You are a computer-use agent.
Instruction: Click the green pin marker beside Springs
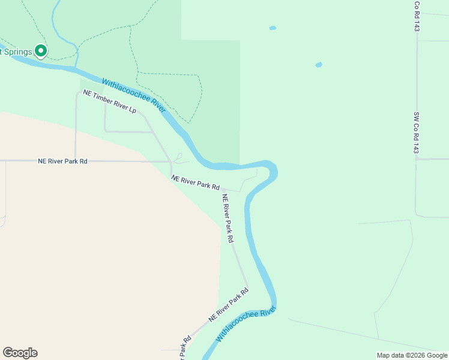pyautogui.click(x=41, y=52)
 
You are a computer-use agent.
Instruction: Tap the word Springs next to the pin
pyautogui.click(x=17, y=52)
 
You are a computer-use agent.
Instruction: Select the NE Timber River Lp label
pyautogui.click(x=110, y=102)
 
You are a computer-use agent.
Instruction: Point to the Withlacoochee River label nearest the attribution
pyautogui.click(x=246, y=324)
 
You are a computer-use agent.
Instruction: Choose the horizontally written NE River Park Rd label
pyautogui.click(x=63, y=161)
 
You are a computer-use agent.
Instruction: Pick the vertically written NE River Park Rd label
pyautogui.click(x=228, y=218)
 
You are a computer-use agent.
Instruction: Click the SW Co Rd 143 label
pyautogui.click(x=416, y=133)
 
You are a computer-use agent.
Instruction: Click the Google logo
pyautogui.click(x=20, y=353)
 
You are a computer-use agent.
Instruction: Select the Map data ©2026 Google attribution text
pyautogui.click(x=412, y=355)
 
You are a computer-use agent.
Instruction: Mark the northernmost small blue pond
pyautogui.click(x=273, y=28)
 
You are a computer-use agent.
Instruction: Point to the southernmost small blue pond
pyautogui.click(x=319, y=65)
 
